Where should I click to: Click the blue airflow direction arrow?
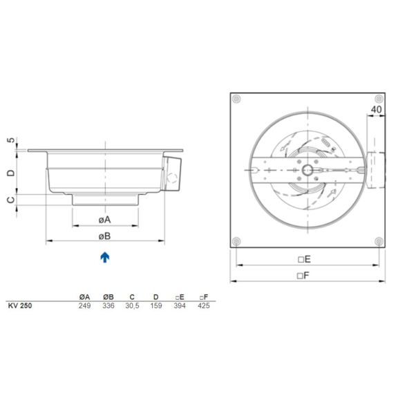104,258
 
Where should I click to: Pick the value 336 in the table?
108,305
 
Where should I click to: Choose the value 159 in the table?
155,305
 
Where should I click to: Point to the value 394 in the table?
179,305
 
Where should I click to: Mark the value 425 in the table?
202,305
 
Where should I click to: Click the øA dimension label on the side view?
105,218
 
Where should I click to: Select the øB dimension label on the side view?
105,236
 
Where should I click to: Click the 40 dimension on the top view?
377,108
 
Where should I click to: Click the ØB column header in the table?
108,296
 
